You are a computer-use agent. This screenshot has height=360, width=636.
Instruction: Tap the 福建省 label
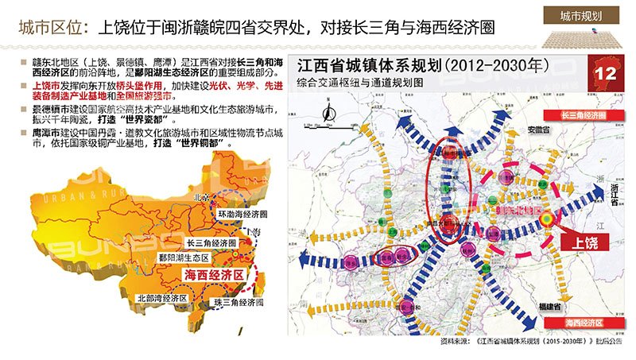[552, 305]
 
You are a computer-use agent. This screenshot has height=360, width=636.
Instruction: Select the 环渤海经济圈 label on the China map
[242, 215]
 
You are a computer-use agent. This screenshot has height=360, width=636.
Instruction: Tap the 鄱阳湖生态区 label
[184, 257]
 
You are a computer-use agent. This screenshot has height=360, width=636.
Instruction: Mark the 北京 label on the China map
[200, 196]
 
